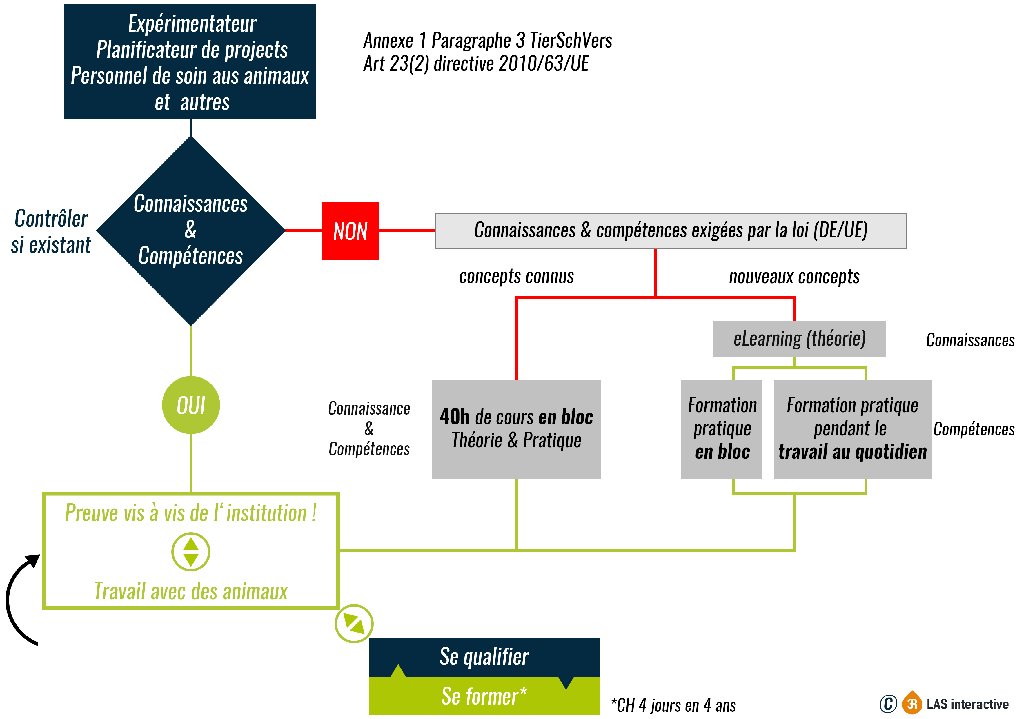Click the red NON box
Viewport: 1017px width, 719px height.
[x=350, y=230]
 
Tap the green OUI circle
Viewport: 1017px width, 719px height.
[x=191, y=405]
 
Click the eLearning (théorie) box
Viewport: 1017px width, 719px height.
[x=799, y=338]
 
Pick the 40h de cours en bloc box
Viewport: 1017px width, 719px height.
[x=516, y=429]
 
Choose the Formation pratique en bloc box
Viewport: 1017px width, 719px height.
[x=721, y=429]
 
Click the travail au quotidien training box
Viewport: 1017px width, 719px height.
[x=852, y=429]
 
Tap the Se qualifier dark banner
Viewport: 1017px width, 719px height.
[x=484, y=657]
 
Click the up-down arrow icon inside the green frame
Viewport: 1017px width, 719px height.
[x=191, y=552]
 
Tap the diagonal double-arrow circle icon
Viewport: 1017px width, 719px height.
[x=354, y=623]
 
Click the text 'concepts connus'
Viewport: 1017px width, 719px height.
[x=516, y=276]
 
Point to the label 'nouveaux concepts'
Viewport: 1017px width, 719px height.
[x=794, y=276]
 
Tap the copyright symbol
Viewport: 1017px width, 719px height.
[x=888, y=704]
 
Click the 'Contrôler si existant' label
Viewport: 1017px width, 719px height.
[x=51, y=231]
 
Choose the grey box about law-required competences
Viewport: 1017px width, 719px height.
[x=670, y=230]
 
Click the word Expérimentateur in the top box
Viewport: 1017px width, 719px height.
[x=192, y=23]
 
